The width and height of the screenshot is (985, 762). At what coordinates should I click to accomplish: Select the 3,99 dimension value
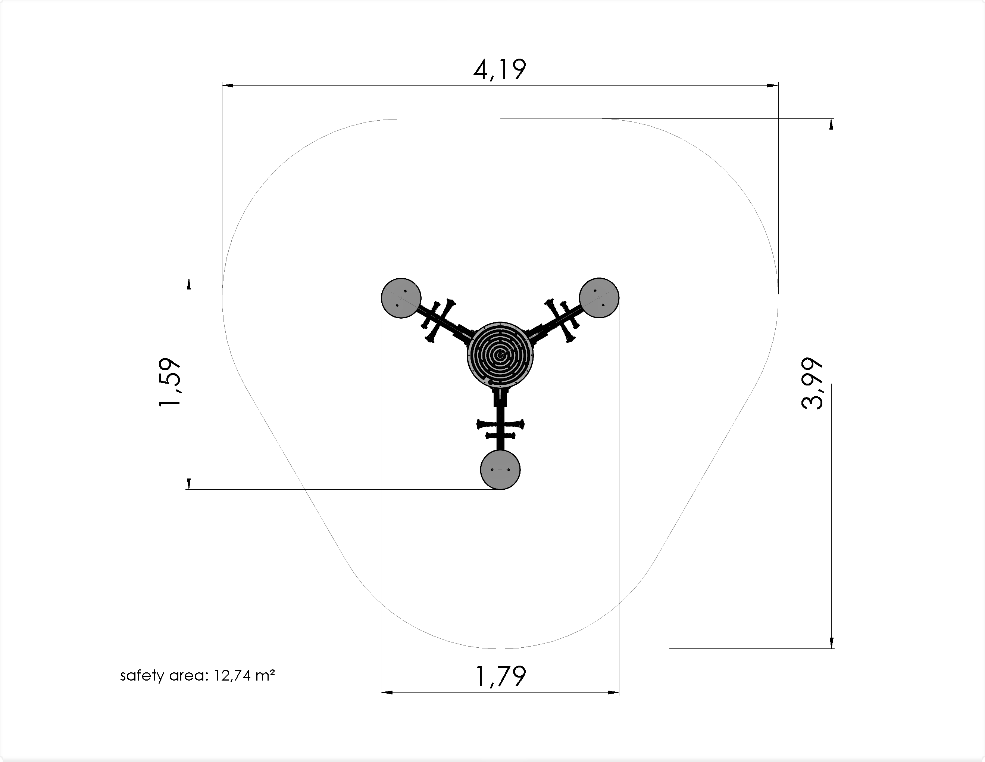[x=812, y=384]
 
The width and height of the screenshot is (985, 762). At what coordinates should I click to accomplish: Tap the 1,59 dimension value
[x=170, y=382]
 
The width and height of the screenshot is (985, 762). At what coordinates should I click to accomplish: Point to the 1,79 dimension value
[x=501, y=676]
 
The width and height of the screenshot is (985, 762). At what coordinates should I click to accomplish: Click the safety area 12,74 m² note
[x=197, y=676]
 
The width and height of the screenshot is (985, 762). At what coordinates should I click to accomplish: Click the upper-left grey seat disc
[x=401, y=298]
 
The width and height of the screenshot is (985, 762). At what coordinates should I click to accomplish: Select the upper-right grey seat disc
[x=599, y=298]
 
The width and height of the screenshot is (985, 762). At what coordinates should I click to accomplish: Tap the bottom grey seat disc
[x=500, y=470]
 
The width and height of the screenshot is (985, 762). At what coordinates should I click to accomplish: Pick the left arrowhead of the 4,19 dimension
[x=228, y=85]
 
